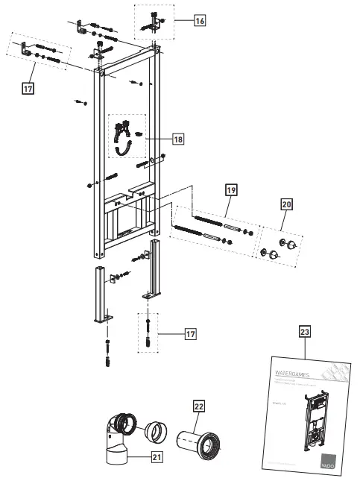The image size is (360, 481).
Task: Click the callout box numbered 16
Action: [x=199, y=21]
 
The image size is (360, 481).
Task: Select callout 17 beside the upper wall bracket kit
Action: [x=28, y=89]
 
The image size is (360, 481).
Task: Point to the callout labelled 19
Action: [x=231, y=192]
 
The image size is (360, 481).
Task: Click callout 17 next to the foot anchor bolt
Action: [x=191, y=334]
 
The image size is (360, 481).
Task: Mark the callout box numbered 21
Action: [x=157, y=457]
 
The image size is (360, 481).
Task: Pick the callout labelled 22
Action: [x=198, y=406]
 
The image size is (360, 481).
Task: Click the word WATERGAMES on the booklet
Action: [x=291, y=371]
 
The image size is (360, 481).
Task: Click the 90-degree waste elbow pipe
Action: [x=117, y=436]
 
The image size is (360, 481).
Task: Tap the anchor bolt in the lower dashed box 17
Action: [x=149, y=334]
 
